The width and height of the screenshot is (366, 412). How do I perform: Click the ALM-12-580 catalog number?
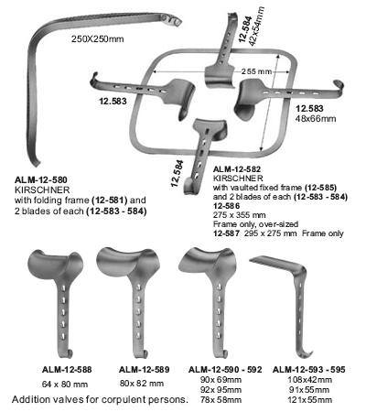[x=41, y=179]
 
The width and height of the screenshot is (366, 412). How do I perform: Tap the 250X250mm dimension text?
[x=98, y=39]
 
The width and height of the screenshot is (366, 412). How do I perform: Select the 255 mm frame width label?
[x=256, y=71]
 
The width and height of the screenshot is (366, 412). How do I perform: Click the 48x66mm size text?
[x=316, y=118]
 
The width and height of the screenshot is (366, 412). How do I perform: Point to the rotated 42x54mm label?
[x=257, y=26]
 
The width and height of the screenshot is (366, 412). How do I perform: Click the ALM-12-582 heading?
[x=237, y=169]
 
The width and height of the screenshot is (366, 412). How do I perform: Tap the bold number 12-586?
[x=226, y=206]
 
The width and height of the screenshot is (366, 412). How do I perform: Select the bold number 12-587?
[x=226, y=233]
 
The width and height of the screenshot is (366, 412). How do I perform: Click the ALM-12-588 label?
[x=67, y=370]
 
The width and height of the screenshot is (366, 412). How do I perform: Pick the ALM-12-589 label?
[x=145, y=370]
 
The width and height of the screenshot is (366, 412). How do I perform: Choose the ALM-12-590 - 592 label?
[x=225, y=370]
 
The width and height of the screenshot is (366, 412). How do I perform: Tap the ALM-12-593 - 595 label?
[x=309, y=370]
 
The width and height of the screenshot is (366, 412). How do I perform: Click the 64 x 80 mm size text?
[x=65, y=384]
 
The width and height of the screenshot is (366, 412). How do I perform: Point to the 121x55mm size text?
[x=310, y=399]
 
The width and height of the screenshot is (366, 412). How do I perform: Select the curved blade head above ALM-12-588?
[x=55, y=265]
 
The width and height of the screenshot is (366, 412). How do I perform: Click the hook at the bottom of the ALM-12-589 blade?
[x=143, y=354]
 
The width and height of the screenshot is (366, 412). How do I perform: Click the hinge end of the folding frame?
[x=171, y=20]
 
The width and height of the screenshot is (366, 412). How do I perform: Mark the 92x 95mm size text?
[x=221, y=390]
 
